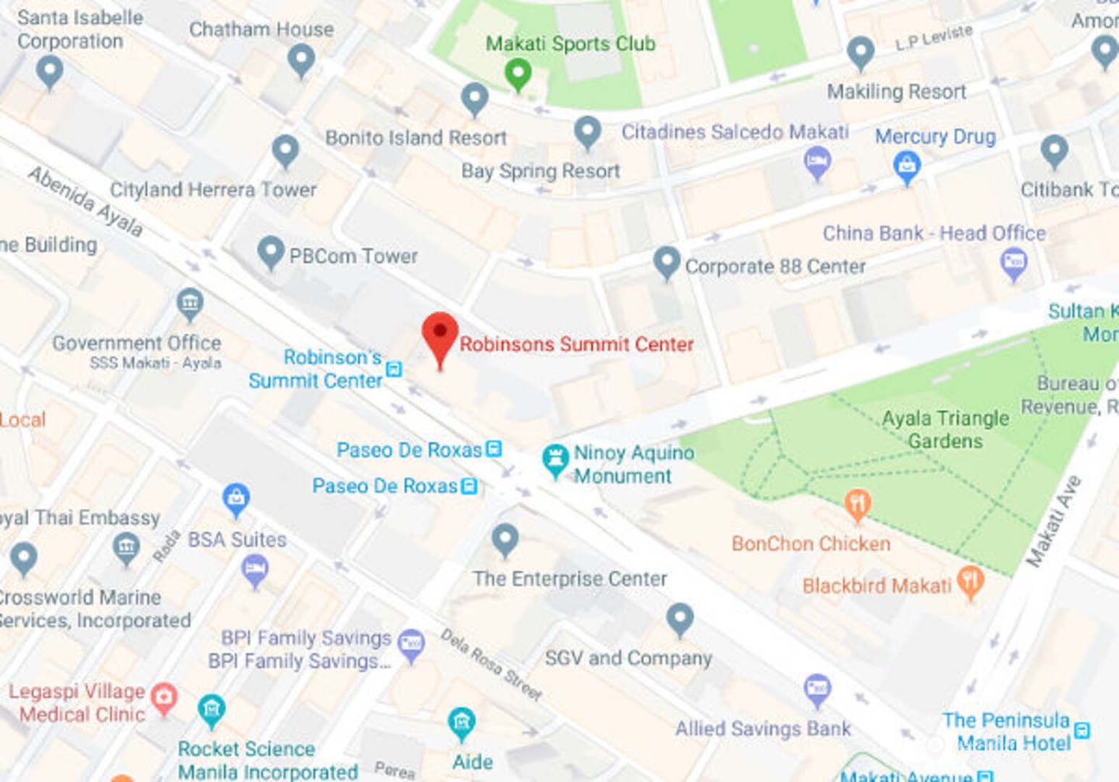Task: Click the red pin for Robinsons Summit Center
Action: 440,335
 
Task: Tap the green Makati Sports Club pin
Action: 518,72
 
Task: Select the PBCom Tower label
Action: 353,256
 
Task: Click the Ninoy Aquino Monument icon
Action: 555,459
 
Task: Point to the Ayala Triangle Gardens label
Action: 945,429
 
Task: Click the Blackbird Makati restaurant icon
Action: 970,580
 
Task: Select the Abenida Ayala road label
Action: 85,201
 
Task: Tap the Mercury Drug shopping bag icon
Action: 906,167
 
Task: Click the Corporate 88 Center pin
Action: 667,261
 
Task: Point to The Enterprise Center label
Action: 570,579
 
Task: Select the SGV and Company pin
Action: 680,618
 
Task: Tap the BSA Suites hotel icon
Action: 255,569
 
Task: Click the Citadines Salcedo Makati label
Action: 735,132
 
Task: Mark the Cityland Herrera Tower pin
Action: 285,150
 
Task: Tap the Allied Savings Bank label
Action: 763,728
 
